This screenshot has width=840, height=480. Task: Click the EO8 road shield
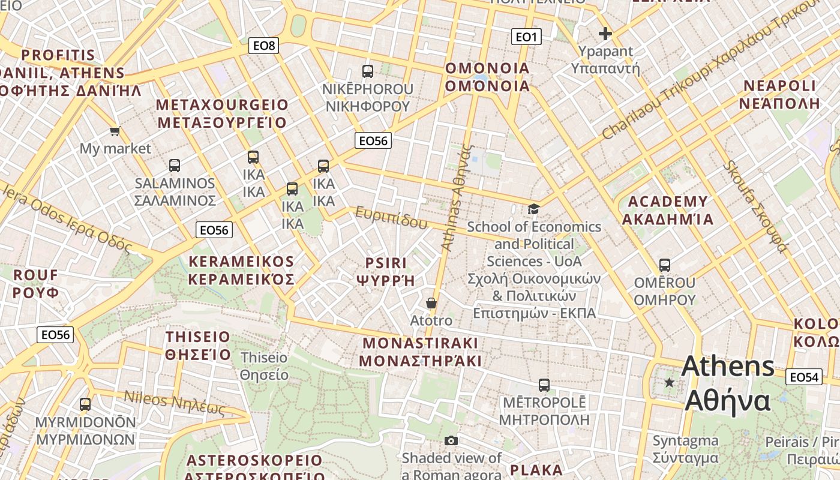264,46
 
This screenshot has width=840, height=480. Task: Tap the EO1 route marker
526,37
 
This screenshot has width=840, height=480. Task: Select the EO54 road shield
803,377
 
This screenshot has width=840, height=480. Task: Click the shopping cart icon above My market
115,131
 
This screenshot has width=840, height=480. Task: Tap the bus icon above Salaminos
175,165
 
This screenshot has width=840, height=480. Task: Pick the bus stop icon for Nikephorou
368,71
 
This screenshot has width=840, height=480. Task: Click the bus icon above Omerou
664,265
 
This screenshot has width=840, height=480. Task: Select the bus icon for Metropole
544,385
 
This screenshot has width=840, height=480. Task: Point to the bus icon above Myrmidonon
85,404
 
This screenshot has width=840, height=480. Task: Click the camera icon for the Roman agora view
451,441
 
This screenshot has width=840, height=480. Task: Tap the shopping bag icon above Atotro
431,304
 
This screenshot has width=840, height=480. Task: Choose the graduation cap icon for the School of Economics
533,209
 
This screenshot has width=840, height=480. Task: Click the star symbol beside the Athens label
669,382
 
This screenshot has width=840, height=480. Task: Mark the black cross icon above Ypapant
605,33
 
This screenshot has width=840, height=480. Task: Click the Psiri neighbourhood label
386,271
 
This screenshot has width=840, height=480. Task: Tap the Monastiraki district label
421,352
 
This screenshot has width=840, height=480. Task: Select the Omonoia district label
487,77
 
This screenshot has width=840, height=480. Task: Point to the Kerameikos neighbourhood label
241,271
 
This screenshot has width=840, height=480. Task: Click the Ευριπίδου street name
391,217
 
